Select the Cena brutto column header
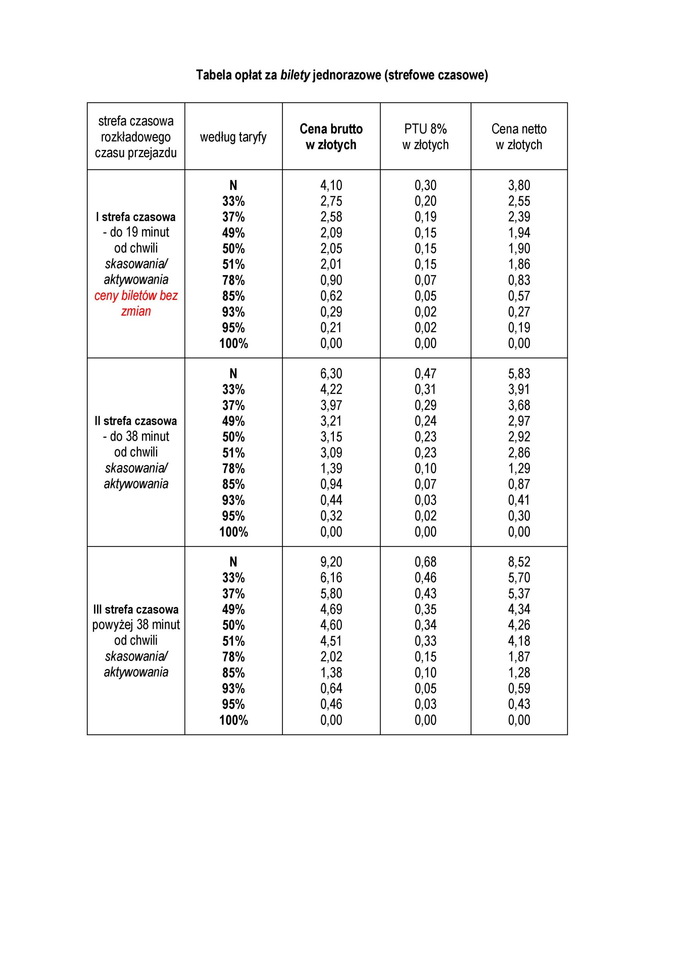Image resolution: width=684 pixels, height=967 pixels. (331, 136)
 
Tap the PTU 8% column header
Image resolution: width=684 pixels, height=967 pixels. (425, 136)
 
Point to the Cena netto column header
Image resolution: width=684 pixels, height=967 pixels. (519, 136)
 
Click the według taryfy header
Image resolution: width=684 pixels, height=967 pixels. (233, 137)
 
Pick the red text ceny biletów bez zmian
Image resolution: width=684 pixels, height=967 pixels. (136, 303)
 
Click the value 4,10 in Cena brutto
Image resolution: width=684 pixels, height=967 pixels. (331, 185)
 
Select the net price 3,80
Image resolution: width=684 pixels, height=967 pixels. (519, 185)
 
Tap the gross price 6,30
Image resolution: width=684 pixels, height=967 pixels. (331, 374)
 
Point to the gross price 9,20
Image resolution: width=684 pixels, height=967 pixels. (331, 562)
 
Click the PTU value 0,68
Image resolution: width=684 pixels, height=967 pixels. (425, 562)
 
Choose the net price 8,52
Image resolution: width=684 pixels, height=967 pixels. (519, 562)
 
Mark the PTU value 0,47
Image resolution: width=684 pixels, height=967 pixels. (425, 374)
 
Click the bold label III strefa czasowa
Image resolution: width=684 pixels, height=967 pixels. (136, 609)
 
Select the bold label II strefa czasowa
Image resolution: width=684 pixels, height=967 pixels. (136, 421)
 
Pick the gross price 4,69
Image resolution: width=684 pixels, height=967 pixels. (331, 609)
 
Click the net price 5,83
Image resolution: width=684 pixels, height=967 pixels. (519, 374)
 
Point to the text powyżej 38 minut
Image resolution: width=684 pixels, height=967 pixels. (136, 625)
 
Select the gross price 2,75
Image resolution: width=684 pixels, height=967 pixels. (331, 201)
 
